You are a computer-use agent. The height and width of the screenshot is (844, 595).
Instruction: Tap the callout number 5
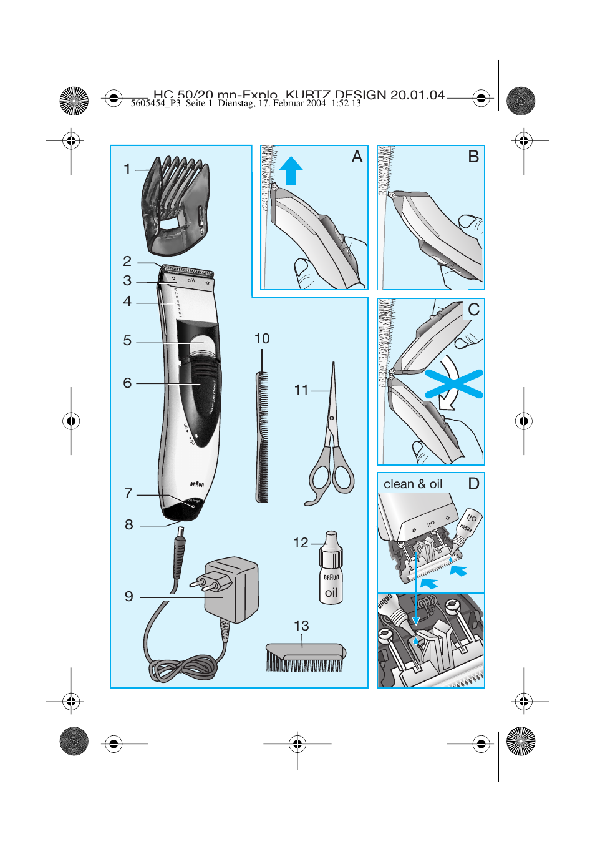127,341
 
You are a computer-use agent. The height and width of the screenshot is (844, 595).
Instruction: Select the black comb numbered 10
262,437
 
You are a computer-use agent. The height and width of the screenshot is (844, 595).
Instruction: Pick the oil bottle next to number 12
331,571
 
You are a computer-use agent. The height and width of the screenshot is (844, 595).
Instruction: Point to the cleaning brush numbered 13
305,657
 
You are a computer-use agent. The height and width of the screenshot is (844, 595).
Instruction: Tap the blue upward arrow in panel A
291,170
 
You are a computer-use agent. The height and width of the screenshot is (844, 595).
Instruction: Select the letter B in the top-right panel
473,157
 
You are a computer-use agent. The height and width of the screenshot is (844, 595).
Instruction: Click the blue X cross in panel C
454,385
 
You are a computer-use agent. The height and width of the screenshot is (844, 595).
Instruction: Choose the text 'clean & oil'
413,484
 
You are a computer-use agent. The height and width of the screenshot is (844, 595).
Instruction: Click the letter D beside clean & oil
473,484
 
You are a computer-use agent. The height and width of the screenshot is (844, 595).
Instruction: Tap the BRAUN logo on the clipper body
196,484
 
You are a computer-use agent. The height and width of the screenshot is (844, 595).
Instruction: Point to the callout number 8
129,525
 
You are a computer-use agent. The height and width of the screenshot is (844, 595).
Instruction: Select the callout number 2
127,262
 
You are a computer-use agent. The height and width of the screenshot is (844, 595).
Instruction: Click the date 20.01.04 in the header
417,95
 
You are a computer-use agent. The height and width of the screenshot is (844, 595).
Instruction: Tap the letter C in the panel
473,310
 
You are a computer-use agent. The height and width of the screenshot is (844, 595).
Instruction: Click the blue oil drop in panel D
416,641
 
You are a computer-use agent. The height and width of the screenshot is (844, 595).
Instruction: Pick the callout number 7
128,494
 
